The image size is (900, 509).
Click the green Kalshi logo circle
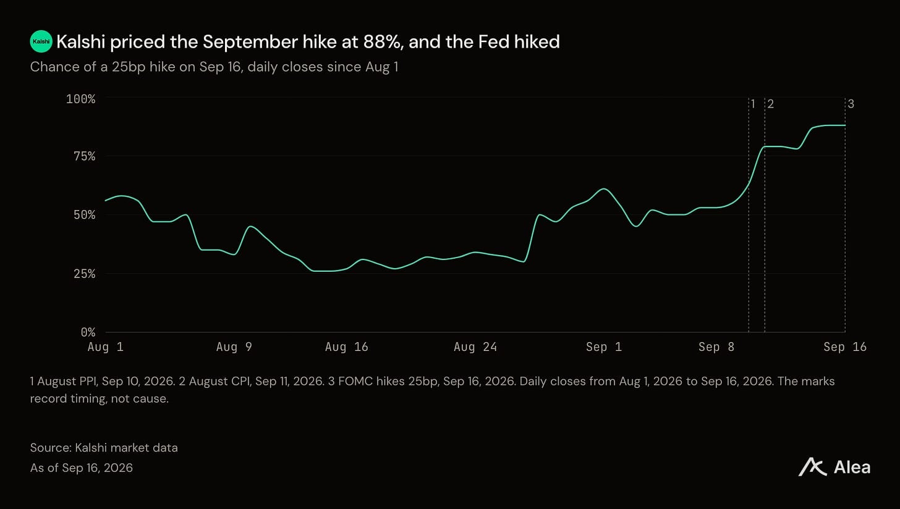(x=41, y=41)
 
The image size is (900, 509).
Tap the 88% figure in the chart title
(x=383, y=42)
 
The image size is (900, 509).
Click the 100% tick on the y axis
(x=80, y=99)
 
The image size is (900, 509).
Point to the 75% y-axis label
(x=84, y=156)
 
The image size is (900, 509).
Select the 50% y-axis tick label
(x=84, y=215)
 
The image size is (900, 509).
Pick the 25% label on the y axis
(x=84, y=274)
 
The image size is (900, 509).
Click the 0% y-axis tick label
(x=88, y=332)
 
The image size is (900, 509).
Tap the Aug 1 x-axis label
(x=106, y=347)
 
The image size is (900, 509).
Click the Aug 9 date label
(x=234, y=347)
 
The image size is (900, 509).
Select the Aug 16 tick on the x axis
(x=347, y=347)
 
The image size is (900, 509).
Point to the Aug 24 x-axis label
(x=475, y=347)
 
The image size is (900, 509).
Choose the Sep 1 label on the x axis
(x=604, y=347)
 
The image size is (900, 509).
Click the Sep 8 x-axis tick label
(x=716, y=347)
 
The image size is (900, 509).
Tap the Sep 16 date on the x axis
(x=845, y=347)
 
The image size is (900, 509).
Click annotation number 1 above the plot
(x=753, y=104)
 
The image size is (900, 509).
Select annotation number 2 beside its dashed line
(x=770, y=104)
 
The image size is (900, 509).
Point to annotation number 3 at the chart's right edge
(x=851, y=104)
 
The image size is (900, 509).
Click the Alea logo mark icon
(x=812, y=467)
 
